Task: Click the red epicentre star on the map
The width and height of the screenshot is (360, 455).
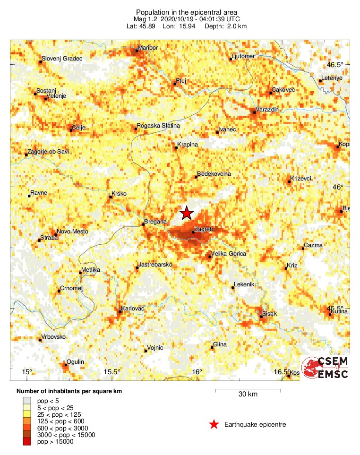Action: click(x=187, y=214)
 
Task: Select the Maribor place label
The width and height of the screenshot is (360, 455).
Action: click(x=146, y=48)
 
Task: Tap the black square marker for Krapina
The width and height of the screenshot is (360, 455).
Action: click(x=176, y=148)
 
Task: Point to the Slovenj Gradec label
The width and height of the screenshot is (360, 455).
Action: click(x=62, y=59)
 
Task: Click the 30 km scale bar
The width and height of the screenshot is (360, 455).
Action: click(x=248, y=391)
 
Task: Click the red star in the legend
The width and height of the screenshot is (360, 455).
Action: click(x=214, y=424)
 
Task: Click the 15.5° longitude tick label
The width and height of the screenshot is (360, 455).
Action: click(x=112, y=371)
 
